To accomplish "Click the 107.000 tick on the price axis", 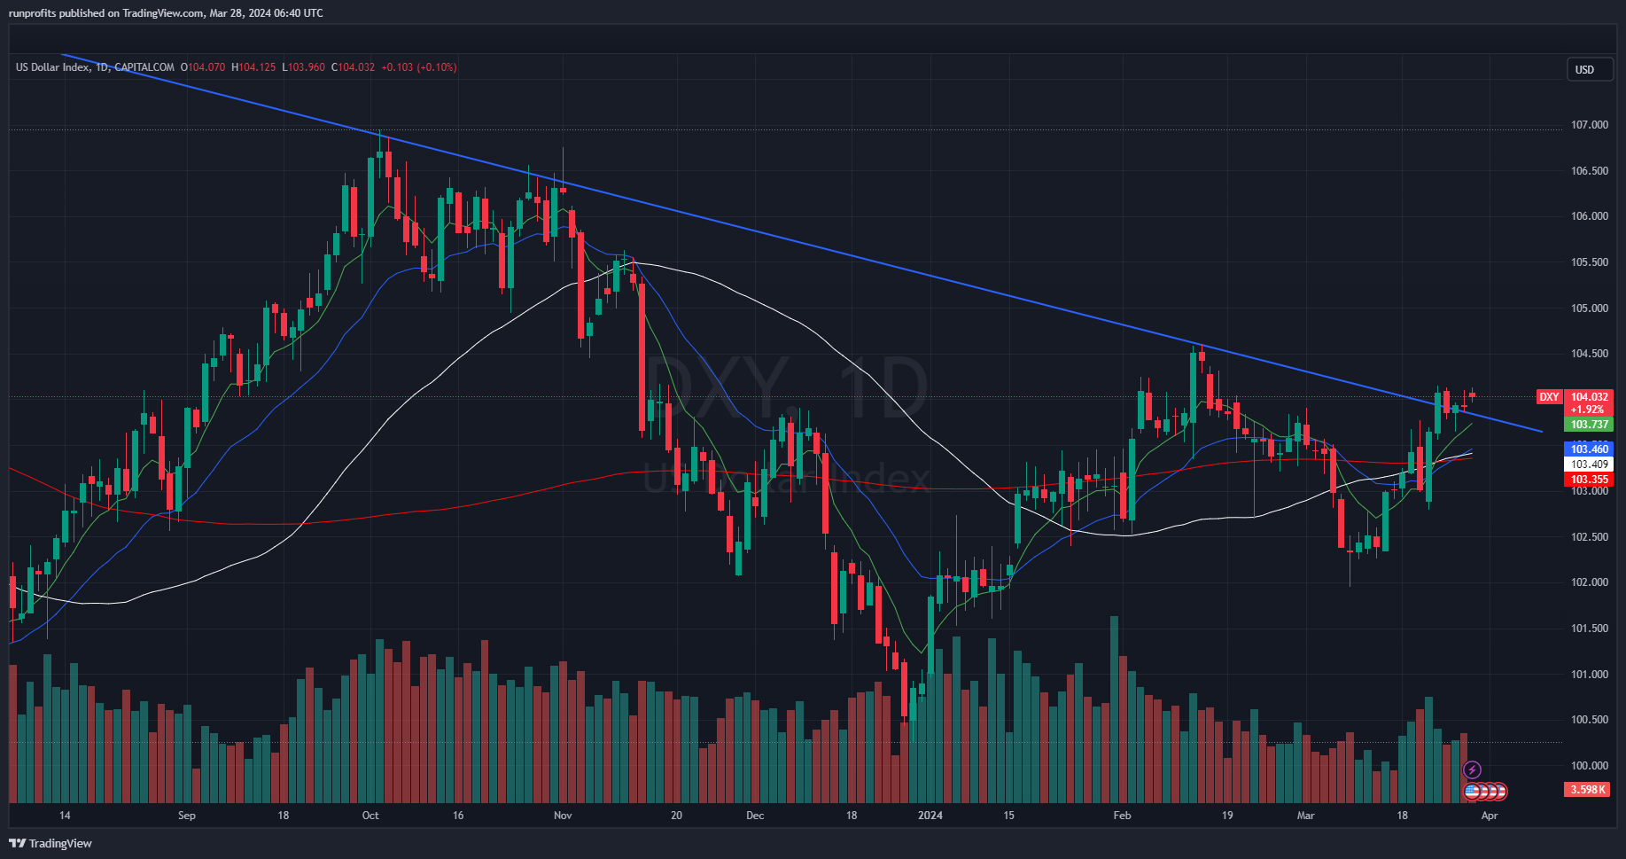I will tap(1589, 125).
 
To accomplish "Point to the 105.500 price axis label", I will tap(1589, 262).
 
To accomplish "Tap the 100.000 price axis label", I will tap(1589, 766).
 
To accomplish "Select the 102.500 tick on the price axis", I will tap(1589, 537).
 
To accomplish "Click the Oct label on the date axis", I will tap(370, 816).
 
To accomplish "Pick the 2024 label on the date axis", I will tap(930, 816).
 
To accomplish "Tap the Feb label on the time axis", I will tap(1122, 816).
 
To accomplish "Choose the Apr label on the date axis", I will tap(1490, 816).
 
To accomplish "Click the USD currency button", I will tap(1584, 70).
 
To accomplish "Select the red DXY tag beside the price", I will tap(1549, 397).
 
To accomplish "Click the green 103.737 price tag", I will tap(1590, 425).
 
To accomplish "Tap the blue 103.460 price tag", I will tap(1590, 449).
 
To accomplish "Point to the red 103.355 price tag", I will tap(1590, 480).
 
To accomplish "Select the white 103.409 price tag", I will tap(1590, 465).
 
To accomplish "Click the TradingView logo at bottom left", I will tap(51, 843).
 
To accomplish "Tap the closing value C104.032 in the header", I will tap(353, 67).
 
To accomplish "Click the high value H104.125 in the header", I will tap(253, 67).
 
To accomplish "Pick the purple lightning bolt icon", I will tap(1472, 769).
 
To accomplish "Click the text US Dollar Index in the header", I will tap(52, 67).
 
